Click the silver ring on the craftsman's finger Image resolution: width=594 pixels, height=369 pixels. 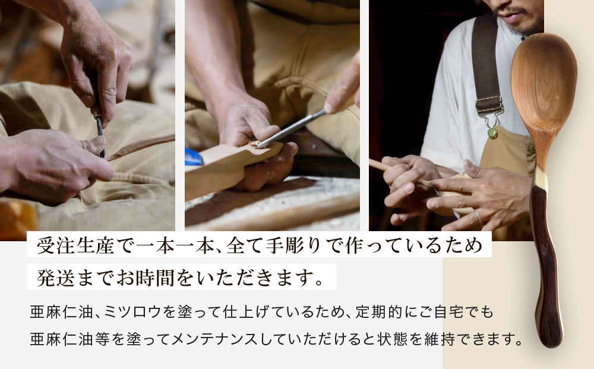[x=477, y=217]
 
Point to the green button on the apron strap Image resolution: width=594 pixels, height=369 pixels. [x=492, y=133]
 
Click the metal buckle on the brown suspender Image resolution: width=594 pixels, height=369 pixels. [x=488, y=107]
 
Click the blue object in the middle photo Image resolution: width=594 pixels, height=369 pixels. [x=193, y=157]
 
